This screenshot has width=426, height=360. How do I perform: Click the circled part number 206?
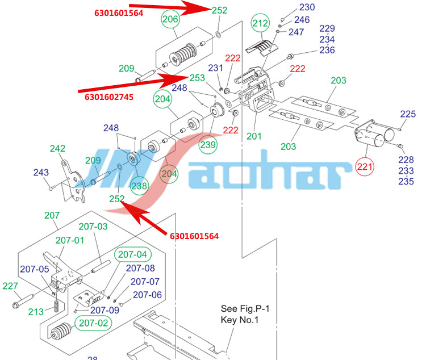170,19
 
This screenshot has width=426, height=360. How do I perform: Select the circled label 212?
260,23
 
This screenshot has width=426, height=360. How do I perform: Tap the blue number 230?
307,7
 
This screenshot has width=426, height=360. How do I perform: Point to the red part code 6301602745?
109,97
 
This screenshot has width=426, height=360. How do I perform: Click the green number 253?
197,78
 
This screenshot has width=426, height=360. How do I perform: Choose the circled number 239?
208,145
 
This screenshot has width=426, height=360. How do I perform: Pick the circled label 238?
139,186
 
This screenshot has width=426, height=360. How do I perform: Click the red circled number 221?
365,166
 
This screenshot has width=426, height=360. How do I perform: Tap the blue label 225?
408,114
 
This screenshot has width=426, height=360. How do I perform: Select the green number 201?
254,136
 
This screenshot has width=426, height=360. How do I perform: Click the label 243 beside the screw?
41,172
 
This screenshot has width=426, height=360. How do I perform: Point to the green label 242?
57,148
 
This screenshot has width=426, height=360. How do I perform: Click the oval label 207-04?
132,254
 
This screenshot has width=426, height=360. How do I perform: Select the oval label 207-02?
94,323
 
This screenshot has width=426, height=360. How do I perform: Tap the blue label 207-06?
147,295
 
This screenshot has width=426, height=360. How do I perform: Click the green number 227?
10,286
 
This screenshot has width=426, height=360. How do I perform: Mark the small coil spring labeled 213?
56,306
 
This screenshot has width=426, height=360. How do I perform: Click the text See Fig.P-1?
245,309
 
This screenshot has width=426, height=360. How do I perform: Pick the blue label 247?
296,32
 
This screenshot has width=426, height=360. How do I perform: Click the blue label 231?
215,68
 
